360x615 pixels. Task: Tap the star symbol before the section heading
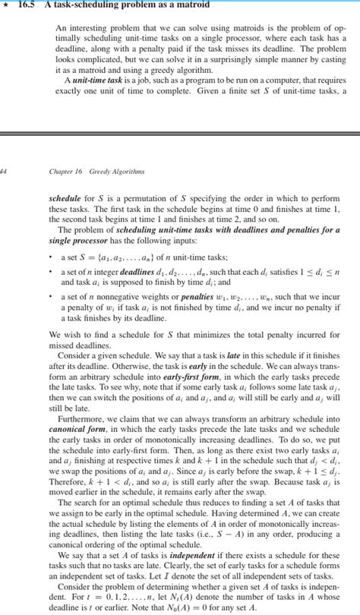click(6, 6)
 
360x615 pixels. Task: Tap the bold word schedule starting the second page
click(65, 196)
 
